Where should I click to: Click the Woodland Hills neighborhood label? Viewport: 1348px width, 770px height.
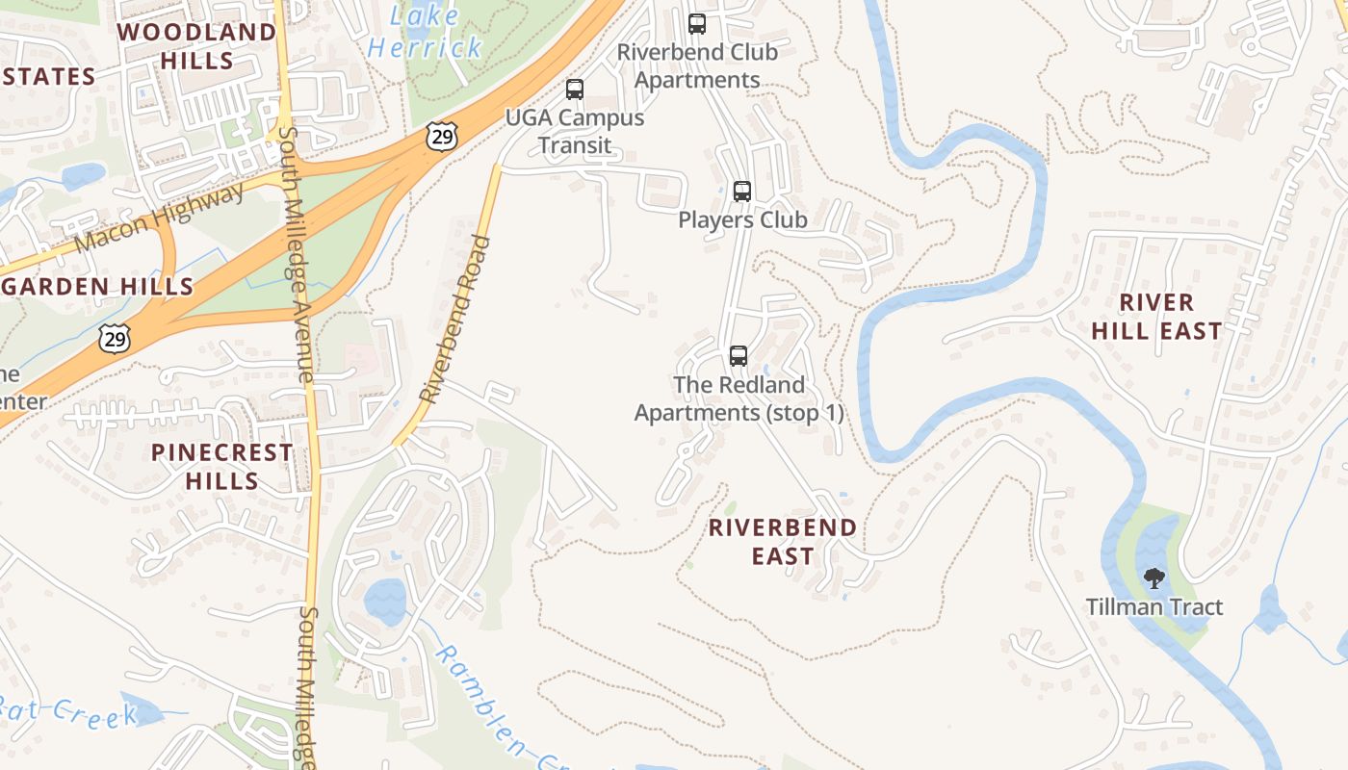(196, 46)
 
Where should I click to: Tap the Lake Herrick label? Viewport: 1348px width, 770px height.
(425, 31)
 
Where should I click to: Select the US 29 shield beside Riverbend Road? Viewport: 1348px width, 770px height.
(442, 137)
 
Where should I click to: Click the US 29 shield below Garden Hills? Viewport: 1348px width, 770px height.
(114, 339)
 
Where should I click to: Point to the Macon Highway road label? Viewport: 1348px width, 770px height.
(159, 218)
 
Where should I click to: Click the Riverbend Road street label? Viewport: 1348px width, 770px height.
(456, 319)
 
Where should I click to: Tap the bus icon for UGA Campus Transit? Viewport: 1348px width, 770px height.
(575, 90)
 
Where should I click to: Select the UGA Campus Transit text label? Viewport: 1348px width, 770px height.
(575, 132)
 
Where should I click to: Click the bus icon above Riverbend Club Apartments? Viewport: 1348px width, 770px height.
(697, 24)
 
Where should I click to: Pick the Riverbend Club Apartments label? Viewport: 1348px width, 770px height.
(697, 66)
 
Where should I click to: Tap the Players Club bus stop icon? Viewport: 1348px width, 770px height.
(741, 191)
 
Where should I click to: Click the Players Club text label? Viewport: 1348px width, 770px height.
(742, 220)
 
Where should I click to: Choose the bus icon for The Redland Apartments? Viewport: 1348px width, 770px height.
(739, 356)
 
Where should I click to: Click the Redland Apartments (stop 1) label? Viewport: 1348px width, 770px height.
(739, 398)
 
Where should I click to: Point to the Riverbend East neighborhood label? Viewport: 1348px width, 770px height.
(782, 542)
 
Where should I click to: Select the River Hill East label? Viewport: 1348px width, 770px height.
(1156, 317)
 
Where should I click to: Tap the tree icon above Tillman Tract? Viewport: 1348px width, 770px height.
(1154, 578)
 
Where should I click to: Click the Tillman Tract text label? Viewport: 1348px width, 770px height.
(1154, 607)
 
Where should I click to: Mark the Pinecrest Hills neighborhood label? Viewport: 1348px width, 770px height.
(221, 466)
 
